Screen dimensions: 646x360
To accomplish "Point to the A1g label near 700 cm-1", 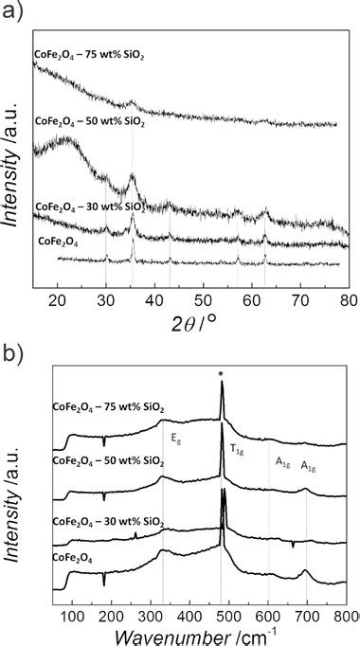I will (310, 466).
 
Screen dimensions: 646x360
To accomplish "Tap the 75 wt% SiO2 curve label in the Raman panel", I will (107, 407).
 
